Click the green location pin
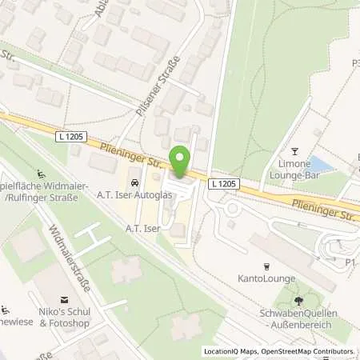click(x=180, y=159)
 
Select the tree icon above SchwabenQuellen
click(x=298, y=301)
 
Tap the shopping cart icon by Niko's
click(x=7, y=310)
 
